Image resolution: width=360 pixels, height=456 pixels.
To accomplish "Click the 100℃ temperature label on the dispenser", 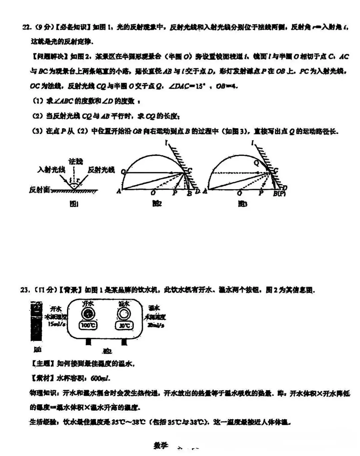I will (x=88, y=325).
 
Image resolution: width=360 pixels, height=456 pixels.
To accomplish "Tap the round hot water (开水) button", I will (x=88, y=314).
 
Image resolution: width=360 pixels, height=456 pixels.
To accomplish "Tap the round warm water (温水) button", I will (x=124, y=314).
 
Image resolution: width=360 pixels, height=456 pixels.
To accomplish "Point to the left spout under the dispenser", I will (x=89, y=342).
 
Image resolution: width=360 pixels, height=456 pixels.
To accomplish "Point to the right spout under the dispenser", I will (x=125, y=342).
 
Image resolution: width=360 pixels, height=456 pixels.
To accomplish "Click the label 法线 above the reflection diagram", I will (x=76, y=161).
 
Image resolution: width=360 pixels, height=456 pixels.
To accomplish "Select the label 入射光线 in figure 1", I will (x=51, y=170).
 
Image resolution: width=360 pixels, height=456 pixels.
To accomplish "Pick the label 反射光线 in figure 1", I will (x=101, y=170).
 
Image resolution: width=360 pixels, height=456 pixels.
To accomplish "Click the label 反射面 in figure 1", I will (x=39, y=190).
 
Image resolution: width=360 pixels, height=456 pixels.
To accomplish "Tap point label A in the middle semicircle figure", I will (x=119, y=191).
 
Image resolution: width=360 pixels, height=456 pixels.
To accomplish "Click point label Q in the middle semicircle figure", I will (x=123, y=172).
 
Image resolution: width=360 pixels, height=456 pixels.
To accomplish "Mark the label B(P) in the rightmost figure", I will (x=279, y=193).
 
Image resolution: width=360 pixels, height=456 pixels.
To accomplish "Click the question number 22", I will (x=26, y=27).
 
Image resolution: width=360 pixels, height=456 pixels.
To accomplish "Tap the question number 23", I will (x=25, y=290).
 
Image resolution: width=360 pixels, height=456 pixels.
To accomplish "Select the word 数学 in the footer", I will (x=161, y=445).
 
